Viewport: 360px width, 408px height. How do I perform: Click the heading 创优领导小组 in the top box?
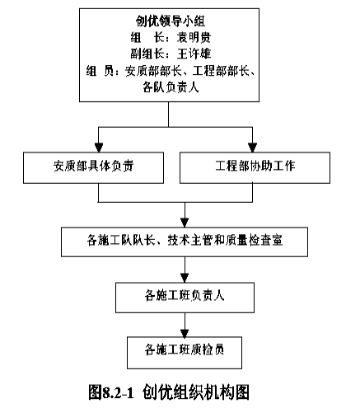click(171, 21)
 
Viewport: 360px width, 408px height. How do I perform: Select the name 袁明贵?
click(194, 37)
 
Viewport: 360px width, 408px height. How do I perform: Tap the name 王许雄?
click(194, 54)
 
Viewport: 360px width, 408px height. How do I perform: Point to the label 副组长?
click(147, 54)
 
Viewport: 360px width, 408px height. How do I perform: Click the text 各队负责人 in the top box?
click(171, 87)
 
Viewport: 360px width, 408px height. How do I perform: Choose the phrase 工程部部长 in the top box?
click(221, 71)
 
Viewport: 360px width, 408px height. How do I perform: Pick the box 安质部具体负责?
click(93, 167)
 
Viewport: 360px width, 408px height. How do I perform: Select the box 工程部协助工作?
click(255, 167)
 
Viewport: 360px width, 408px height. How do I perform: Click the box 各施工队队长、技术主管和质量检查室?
click(185, 242)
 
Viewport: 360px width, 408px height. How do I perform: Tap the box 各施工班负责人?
click(185, 298)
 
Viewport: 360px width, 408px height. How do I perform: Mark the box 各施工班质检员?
click(185, 353)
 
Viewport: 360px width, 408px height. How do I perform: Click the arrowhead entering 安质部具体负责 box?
click(99, 148)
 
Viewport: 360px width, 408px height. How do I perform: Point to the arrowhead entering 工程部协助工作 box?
click(252, 148)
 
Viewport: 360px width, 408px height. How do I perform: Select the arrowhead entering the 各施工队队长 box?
click(185, 223)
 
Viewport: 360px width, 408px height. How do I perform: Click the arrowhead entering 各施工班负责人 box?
click(185, 278)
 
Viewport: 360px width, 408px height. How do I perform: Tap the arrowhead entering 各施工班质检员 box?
click(185, 332)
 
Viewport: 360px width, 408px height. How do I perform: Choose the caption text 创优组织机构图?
click(196, 392)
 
